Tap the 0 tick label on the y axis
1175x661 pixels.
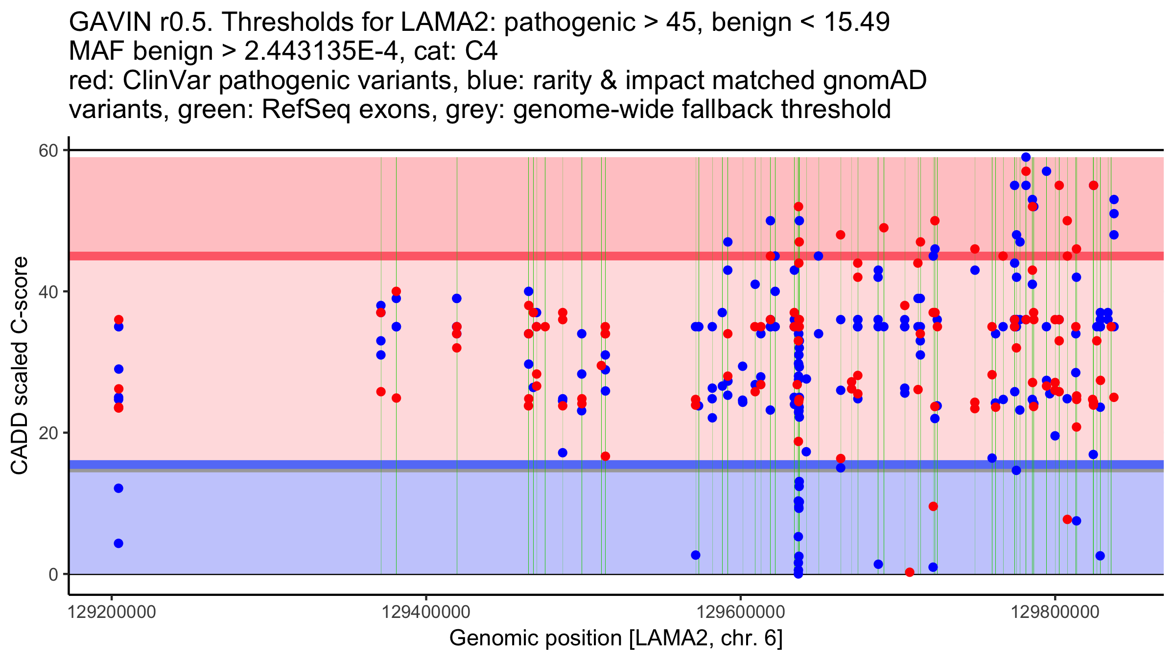[53, 574]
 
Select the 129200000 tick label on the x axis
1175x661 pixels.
[112, 612]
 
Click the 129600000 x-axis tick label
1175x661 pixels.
[741, 612]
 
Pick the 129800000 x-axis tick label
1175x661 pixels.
[1055, 612]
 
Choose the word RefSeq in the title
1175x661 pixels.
[306, 110]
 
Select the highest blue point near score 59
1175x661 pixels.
[1026, 157]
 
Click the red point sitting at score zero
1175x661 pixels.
[910, 572]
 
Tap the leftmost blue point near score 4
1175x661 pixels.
[118, 543]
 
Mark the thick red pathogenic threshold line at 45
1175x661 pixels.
[490, 256]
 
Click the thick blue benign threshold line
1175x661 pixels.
[490, 464]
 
